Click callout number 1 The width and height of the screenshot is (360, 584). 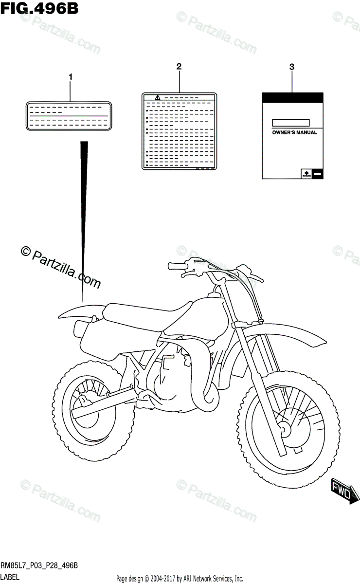(x=71, y=76)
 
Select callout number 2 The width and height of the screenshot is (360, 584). (x=179, y=66)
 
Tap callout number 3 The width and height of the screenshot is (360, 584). (x=291, y=68)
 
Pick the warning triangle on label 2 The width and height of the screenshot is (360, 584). (x=157, y=98)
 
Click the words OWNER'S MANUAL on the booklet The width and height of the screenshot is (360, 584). (x=294, y=132)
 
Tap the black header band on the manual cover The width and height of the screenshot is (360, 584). (x=292, y=97)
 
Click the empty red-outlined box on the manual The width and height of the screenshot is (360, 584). (x=291, y=122)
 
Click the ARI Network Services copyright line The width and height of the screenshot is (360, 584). (x=180, y=579)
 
